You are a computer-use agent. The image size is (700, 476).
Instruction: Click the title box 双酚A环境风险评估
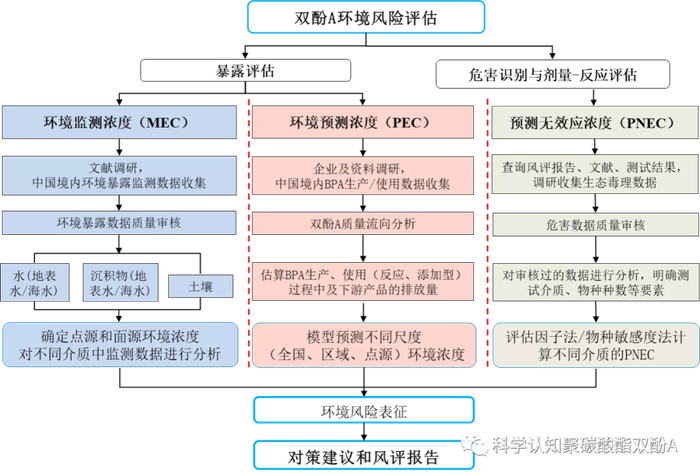tap(349, 17)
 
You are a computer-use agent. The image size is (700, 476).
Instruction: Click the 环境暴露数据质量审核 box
tap(119, 221)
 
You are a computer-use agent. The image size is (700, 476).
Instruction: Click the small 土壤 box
tap(199, 285)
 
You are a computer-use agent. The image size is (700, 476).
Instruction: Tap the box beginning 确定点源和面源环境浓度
tap(119, 342)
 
